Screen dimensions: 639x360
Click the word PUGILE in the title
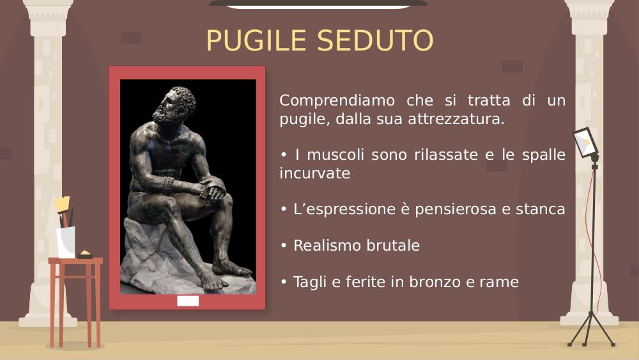pyautogui.click(x=256, y=40)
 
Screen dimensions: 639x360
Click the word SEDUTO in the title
pyautogui.click(x=375, y=40)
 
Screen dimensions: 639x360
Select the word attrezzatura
pyautogui.click(x=456, y=120)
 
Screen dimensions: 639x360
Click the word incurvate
pyautogui.click(x=314, y=174)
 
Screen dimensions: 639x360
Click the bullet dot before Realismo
pyautogui.click(x=284, y=246)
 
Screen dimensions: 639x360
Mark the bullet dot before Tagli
pyautogui.click(x=284, y=282)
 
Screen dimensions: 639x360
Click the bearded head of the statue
pyautogui.click(x=174, y=105)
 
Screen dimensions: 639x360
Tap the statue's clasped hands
pyautogui.click(x=213, y=189)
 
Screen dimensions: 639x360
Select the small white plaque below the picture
pyautogui.click(x=188, y=301)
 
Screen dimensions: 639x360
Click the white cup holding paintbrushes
pyautogui.click(x=66, y=242)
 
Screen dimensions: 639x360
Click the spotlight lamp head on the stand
pyautogui.click(x=586, y=143)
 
